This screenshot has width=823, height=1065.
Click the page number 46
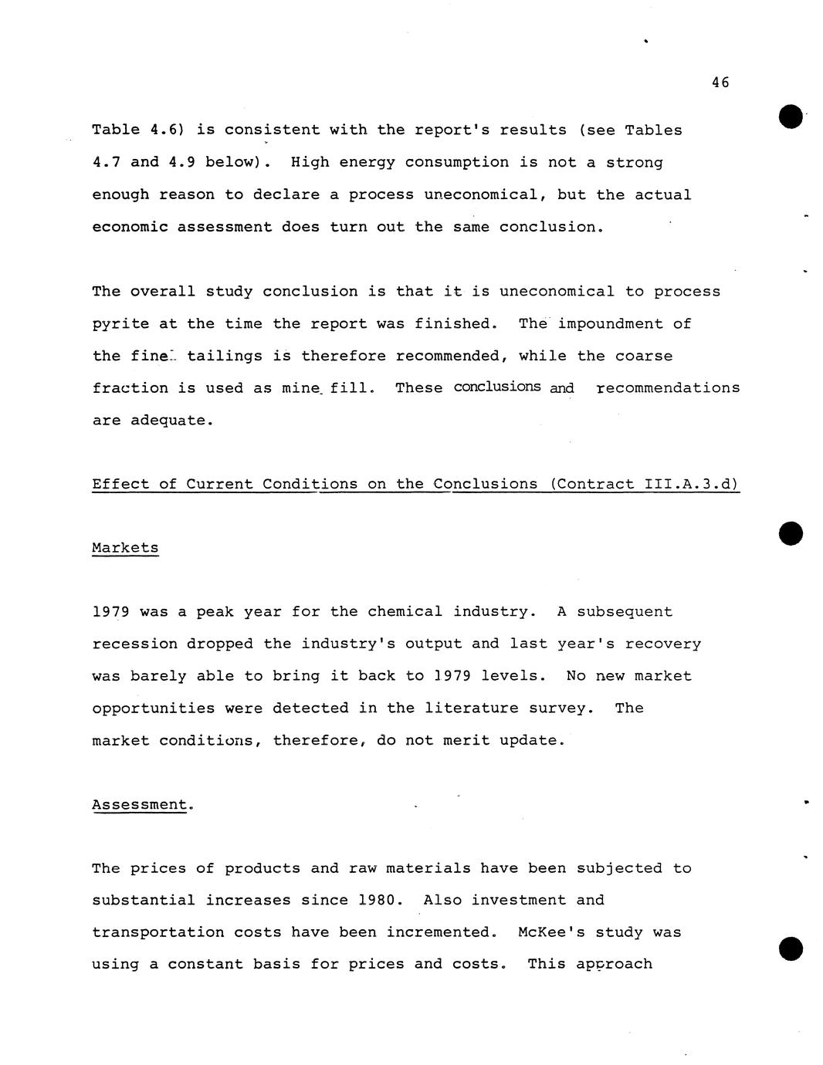coord(720,83)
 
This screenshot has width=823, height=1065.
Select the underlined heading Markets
coord(125,548)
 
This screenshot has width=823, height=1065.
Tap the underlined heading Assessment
coord(139,804)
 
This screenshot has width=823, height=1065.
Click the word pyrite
coord(120,324)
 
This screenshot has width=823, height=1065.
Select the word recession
coord(134,644)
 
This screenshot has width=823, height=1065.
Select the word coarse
coord(643,356)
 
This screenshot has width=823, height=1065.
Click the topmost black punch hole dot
coord(791,117)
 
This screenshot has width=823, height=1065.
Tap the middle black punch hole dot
coord(791,533)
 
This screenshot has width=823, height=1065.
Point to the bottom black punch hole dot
coord(791,948)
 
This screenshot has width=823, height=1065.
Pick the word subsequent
coord(625,612)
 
